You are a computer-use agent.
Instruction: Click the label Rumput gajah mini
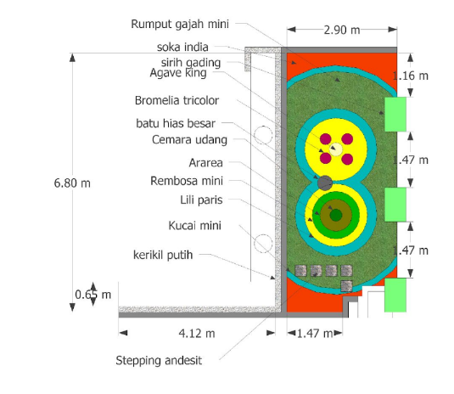180,25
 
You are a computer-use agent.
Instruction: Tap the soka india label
182,47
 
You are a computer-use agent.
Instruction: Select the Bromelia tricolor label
177,100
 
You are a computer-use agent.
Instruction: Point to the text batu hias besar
176,123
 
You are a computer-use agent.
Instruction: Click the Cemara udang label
189,140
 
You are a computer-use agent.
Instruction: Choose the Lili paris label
201,200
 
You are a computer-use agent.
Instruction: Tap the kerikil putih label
163,255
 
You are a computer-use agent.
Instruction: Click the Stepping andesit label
159,361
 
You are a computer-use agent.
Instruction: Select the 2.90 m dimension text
342,30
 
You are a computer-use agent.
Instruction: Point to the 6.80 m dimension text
72,183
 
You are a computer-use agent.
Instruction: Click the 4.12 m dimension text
197,334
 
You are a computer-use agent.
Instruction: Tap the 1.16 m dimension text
411,76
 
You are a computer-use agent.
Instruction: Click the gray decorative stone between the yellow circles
325,183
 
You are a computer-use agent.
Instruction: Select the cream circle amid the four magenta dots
336,149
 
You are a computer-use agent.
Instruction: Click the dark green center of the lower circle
336,215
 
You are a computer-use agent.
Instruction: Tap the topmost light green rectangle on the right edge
395,114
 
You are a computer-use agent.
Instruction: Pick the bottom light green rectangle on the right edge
395,295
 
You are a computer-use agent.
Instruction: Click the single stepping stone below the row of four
346,286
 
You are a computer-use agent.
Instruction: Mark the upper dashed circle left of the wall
263,135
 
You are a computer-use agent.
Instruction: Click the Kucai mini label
195,226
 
